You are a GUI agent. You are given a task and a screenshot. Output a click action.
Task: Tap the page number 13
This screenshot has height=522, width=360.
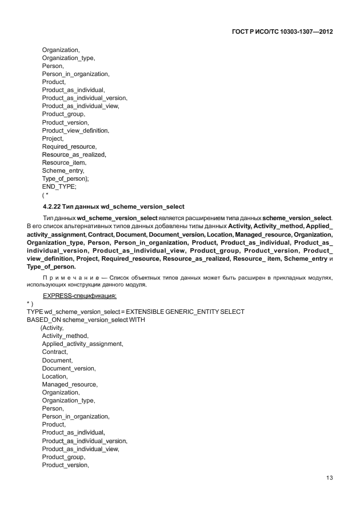329,478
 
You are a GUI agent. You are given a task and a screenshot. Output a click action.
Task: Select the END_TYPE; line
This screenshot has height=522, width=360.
59,186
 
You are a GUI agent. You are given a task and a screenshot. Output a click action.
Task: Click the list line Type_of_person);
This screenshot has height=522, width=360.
65,178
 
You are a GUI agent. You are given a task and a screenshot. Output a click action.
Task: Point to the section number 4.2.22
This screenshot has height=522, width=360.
54,206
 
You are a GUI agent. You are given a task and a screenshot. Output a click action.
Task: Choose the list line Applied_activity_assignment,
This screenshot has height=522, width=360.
82,344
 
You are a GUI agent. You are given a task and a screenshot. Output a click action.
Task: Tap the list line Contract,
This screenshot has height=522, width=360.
55,352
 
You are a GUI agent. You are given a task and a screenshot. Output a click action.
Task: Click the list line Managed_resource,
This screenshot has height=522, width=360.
69,384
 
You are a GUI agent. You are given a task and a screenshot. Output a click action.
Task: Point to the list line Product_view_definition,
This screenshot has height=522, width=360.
75,130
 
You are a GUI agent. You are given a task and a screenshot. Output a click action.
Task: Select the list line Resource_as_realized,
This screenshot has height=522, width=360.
74,154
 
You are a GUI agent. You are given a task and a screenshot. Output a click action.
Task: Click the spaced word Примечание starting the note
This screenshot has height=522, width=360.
70,277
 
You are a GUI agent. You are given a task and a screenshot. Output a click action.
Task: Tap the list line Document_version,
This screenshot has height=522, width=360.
69,368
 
